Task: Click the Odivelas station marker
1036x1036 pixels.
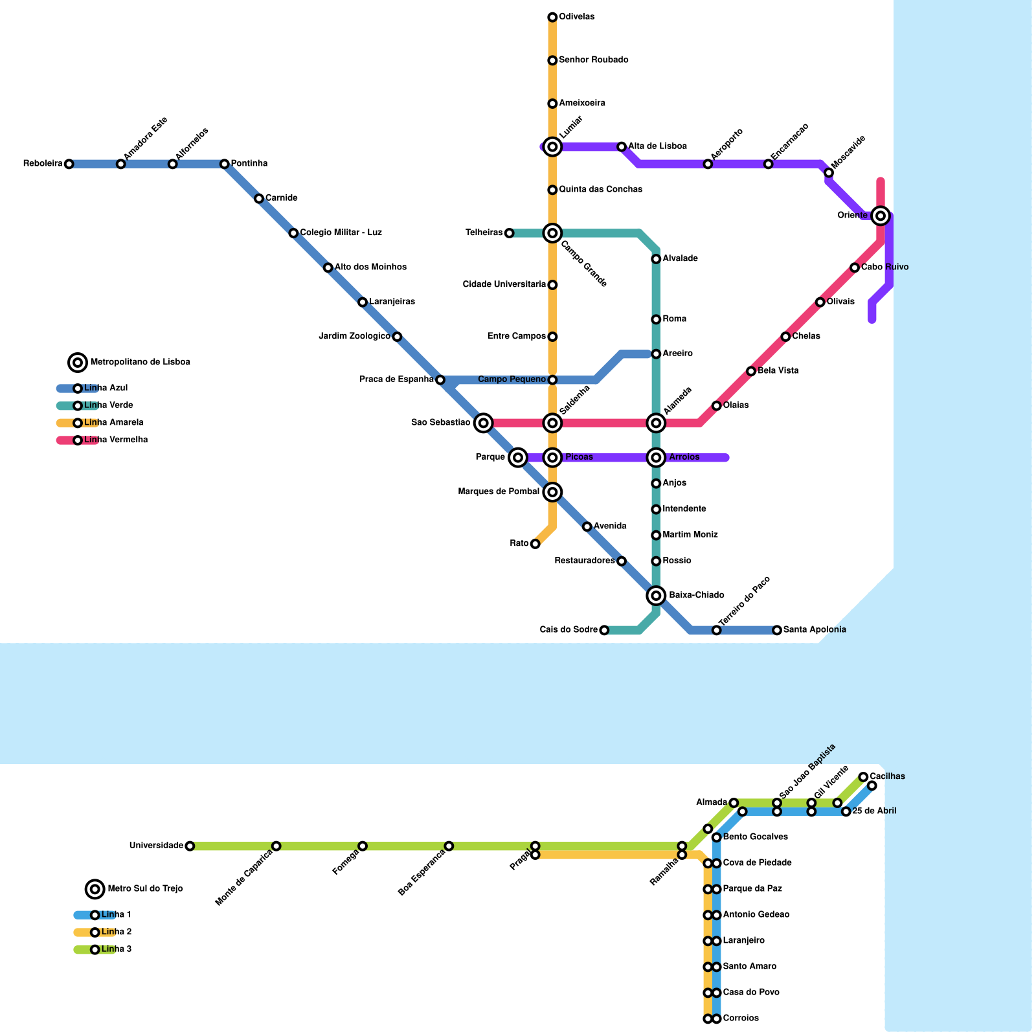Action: (x=552, y=17)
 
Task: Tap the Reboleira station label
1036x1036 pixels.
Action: (x=43, y=164)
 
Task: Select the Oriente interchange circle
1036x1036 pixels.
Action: (x=880, y=216)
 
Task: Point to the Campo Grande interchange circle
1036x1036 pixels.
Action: (x=552, y=233)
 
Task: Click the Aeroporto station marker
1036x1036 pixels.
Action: (x=708, y=164)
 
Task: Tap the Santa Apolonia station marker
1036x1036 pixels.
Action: (x=777, y=630)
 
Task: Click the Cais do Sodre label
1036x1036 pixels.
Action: (x=569, y=630)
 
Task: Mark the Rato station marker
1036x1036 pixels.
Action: (x=535, y=544)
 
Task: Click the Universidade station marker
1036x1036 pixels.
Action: (x=190, y=846)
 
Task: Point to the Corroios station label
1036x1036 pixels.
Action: (x=741, y=1019)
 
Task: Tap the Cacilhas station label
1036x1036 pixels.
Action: (x=887, y=776)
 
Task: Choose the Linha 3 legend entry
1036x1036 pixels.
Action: (x=116, y=950)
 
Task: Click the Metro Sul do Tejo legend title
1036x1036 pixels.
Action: (x=145, y=889)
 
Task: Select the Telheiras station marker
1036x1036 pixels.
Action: (x=509, y=233)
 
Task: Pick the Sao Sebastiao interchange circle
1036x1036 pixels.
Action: (x=483, y=423)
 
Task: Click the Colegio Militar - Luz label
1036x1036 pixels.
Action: (x=341, y=233)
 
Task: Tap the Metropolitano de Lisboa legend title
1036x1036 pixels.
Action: (x=140, y=363)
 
